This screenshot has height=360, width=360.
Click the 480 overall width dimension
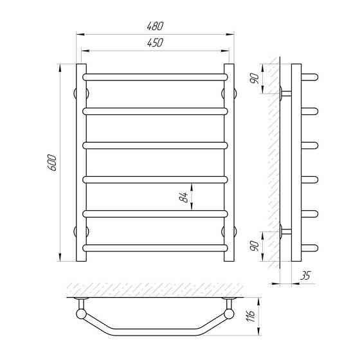coord(155,26)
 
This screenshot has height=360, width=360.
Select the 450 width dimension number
coord(155,42)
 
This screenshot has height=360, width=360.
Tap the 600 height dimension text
coord(52,163)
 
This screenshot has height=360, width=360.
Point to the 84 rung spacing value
coord(183,197)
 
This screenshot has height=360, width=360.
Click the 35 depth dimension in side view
coord(305,275)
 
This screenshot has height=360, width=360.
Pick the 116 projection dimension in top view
coord(251,316)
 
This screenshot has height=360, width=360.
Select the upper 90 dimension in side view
coord(255,78)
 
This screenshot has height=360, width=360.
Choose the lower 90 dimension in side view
coord(255,246)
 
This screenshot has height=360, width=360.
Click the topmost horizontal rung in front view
coord(155,77)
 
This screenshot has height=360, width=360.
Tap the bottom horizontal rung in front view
coord(155,248)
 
